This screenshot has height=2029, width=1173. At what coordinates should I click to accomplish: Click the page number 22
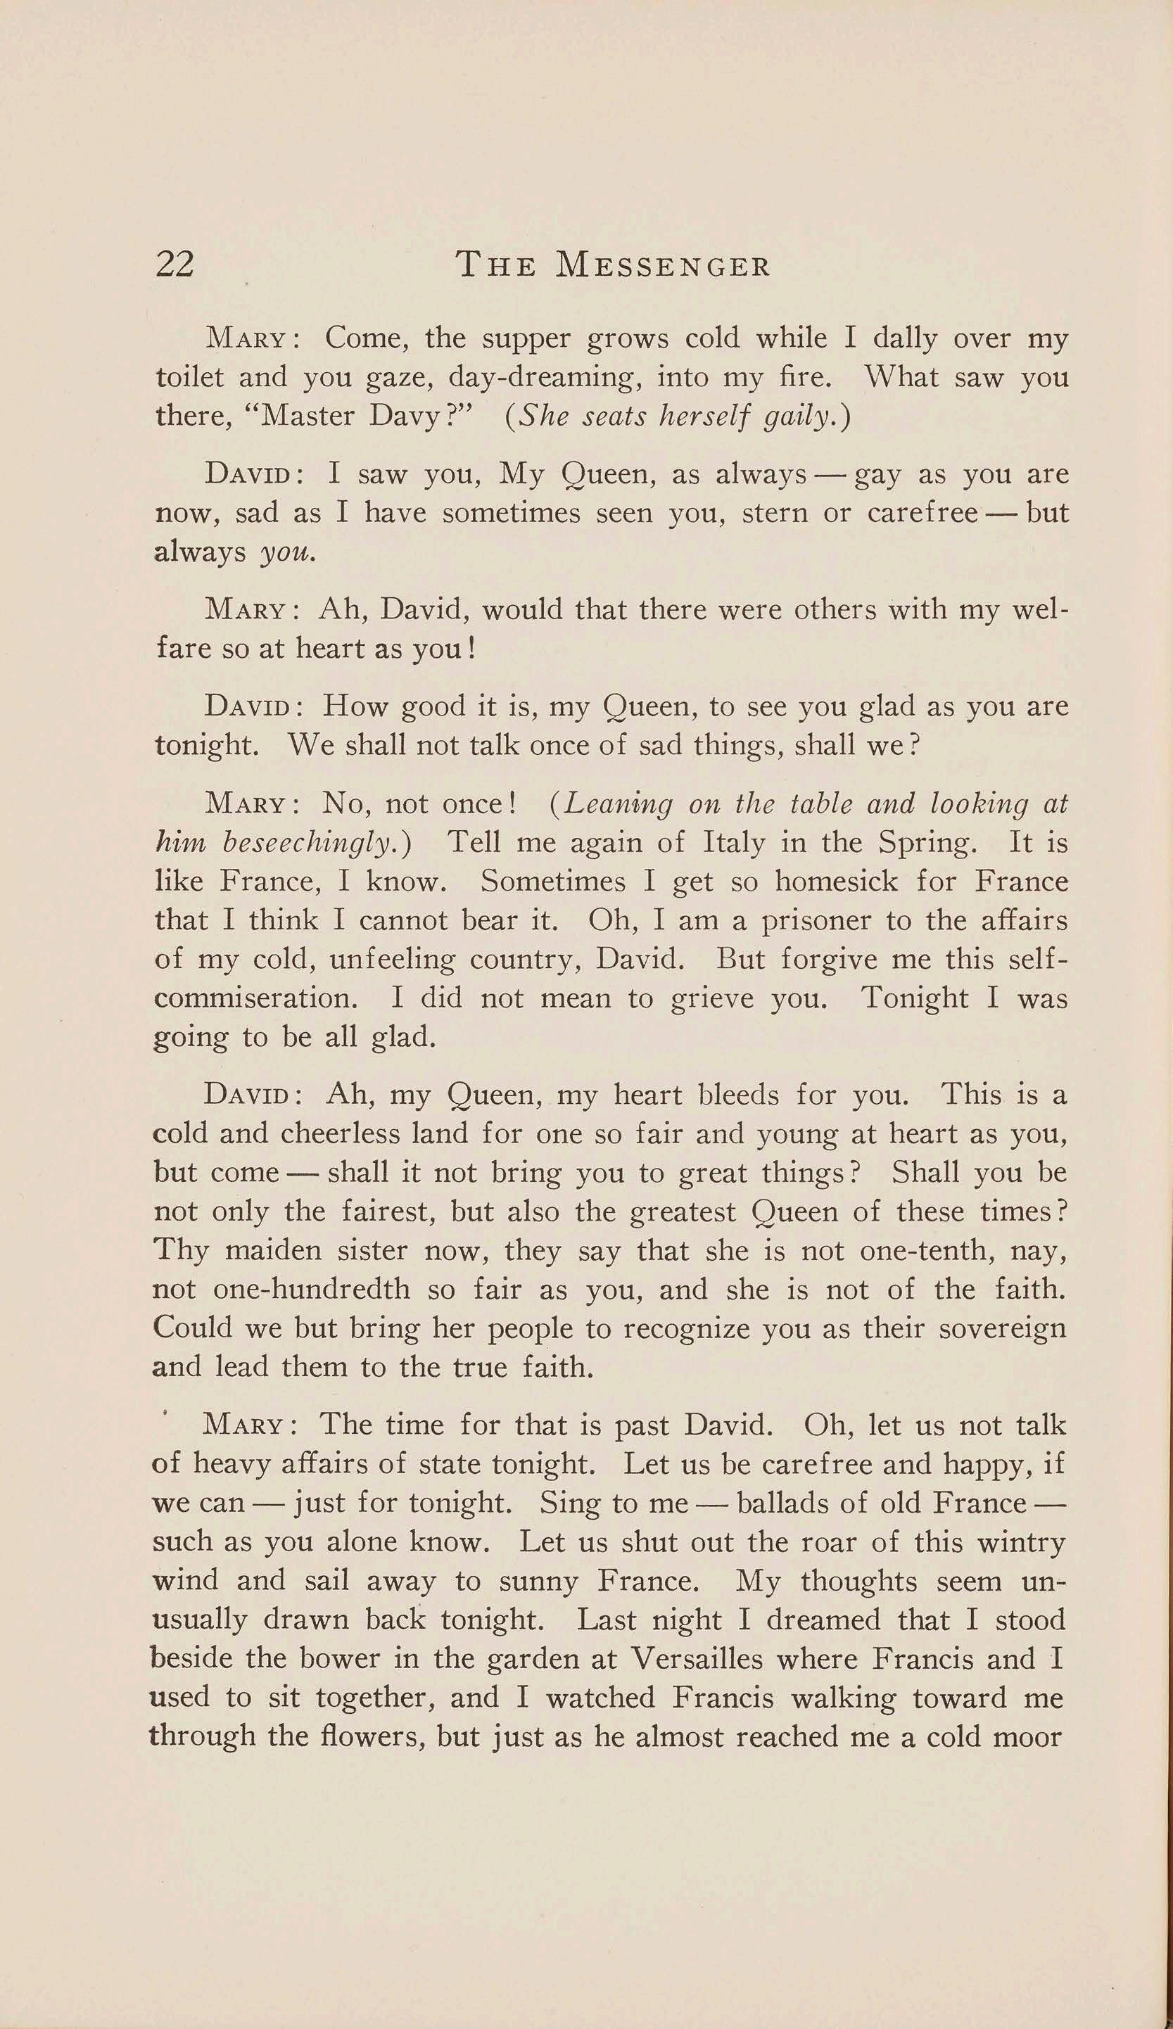pyautogui.click(x=174, y=264)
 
